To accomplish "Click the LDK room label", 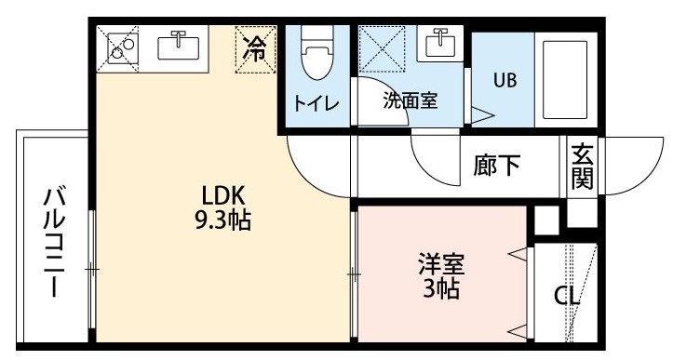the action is click(x=223, y=195).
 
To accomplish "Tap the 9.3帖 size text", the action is click(x=223, y=220).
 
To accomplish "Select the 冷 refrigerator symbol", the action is click(x=255, y=49).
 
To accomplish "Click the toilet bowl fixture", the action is click(x=317, y=52).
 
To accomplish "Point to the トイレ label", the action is click(x=316, y=103).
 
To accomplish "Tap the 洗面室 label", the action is click(x=411, y=100).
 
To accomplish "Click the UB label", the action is click(x=505, y=80).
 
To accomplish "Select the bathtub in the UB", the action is click(x=565, y=80).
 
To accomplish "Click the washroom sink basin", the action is click(x=440, y=43).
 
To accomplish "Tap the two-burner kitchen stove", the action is click(x=122, y=48).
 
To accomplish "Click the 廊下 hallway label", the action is click(x=497, y=165).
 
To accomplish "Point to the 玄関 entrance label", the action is click(x=582, y=167).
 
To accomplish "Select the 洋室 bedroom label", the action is click(x=441, y=264).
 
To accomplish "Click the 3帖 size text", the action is click(x=441, y=288).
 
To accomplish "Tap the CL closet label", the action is click(x=566, y=296).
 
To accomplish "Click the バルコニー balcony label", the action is click(x=55, y=243).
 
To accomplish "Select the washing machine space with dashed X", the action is click(x=382, y=49).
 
